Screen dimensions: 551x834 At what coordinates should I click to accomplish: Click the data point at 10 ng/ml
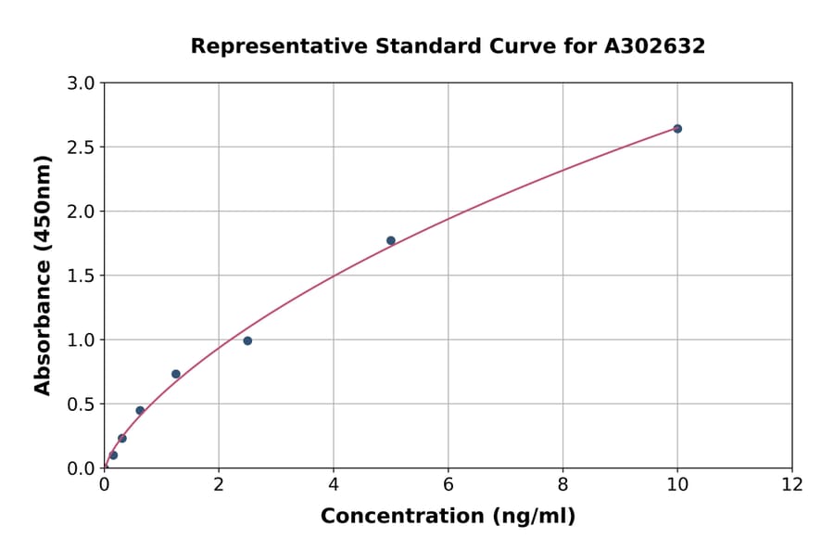coord(677,129)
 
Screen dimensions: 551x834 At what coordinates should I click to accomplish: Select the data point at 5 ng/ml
coord(391,240)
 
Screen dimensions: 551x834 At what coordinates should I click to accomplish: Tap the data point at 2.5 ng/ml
coord(247,340)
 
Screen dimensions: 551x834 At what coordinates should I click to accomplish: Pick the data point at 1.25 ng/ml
coord(176,374)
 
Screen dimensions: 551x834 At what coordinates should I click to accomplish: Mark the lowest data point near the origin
coord(113,455)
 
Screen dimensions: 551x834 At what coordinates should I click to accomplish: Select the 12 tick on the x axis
coord(792,484)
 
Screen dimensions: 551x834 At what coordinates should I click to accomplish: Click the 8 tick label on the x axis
coord(562,484)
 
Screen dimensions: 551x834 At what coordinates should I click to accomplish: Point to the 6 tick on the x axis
coord(449,484)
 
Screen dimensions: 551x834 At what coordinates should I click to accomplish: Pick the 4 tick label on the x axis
coord(334,484)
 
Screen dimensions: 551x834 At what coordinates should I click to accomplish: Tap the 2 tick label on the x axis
coord(219,484)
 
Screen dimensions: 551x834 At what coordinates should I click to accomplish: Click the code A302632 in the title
coord(654,46)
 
